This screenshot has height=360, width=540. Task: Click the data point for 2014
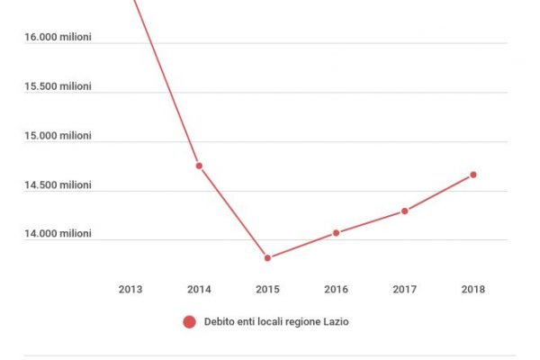click(x=199, y=166)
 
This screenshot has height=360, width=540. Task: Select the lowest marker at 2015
click(x=267, y=258)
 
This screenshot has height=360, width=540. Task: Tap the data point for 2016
click(x=336, y=232)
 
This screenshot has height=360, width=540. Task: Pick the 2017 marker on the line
click(x=405, y=211)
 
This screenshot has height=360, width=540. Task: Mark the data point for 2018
click(x=473, y=175)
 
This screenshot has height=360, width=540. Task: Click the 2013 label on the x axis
click(x=130, y=289)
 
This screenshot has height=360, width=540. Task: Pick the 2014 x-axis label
click(x=199, y=289)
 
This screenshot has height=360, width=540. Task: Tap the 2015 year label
click(x=267, y=289)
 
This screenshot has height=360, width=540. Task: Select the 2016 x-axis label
click(x=336, y=289)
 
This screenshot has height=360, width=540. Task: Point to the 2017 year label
click(x=404, y=289)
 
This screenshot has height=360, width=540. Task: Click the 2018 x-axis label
click(x=472, y=289)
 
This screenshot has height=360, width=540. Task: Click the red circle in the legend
click(x=189, y=321)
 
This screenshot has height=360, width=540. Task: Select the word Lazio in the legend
click(x=333, y=321)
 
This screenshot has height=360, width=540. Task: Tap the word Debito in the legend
click(x=220, y=321)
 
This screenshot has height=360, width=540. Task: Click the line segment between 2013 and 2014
click(x=166, y=83)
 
